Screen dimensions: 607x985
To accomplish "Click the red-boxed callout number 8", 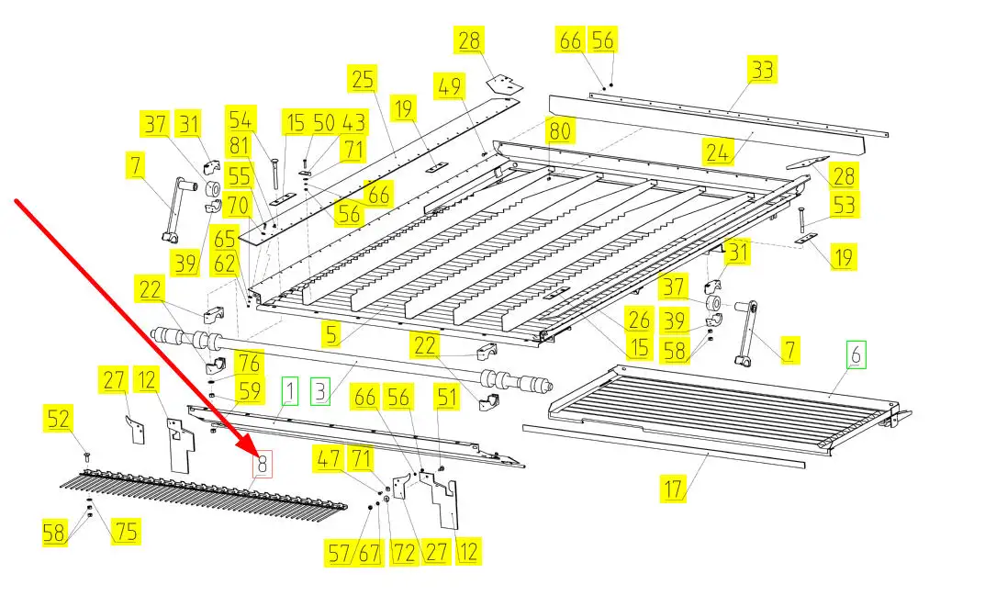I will (x=263, y=466).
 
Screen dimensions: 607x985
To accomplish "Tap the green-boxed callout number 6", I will (x=856, y=354).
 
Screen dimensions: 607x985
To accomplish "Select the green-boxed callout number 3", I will (x=320, y=390).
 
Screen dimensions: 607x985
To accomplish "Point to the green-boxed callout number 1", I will (x=290, y=390).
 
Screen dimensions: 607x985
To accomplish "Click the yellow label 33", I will (x=762, y=70).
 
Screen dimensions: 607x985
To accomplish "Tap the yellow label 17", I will (x=675, y=489).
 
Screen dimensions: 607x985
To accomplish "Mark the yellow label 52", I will (x=59, y=420).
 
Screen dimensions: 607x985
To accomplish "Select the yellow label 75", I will (x=126, y=531).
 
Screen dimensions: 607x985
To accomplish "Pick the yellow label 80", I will (x=559, y=131).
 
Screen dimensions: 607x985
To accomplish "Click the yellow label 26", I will (x=639, y=320).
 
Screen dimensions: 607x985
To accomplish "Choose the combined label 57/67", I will (x=353, y=553).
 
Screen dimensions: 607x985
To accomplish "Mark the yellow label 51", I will (x=446, y=398).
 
